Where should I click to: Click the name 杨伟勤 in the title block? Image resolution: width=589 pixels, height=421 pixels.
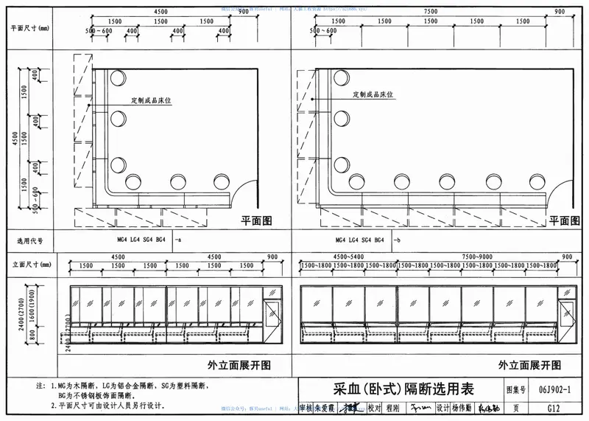[x=462, y=408]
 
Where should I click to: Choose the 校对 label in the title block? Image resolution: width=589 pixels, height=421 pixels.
[x=374, y=408]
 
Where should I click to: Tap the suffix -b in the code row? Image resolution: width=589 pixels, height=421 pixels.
[x=397, y=240]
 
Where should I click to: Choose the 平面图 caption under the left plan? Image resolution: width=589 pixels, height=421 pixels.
[x=257, y=220]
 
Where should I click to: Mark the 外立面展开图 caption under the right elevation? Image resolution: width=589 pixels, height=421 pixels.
[x=529, y=364]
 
